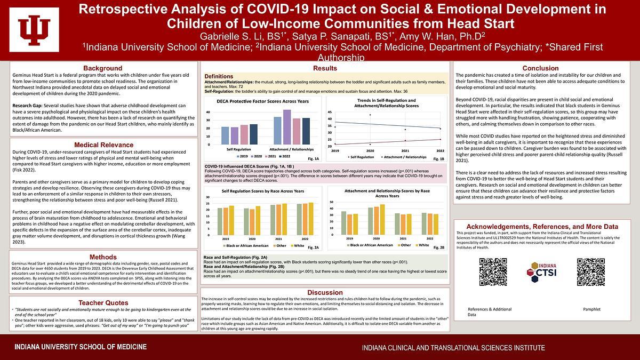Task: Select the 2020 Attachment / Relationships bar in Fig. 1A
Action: [x=287, y=127]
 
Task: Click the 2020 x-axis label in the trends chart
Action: [x=370, y=151]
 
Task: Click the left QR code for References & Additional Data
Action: [x=493, y=272]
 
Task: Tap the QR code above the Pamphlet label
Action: [x=591, y=272]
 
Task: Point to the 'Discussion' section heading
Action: [x=324, y=292]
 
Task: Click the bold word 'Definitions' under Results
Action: [x=219, y=77]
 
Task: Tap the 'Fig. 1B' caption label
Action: [x=438, y=159]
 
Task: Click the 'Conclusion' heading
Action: [x=540, y=68]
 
